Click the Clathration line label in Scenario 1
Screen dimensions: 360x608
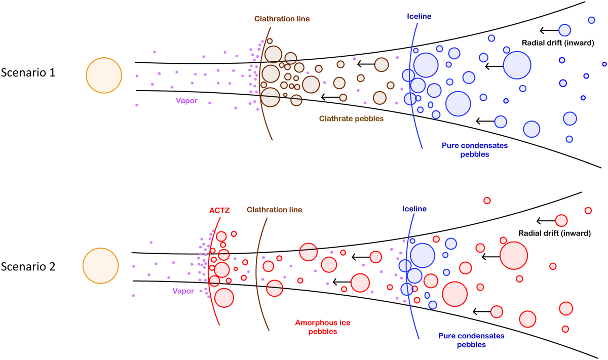click(x=281, y=19)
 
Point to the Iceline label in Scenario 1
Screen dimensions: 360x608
click(x=419, y=16)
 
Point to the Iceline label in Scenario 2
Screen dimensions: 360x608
click(x=414, y=209)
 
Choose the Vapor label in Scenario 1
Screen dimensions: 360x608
click(x=186, y=100)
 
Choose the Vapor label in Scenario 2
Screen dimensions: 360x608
click(x=183, y=291)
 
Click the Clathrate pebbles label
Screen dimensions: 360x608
click(x=351, y=119)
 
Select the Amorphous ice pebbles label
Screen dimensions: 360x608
click(x=316, y=327)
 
